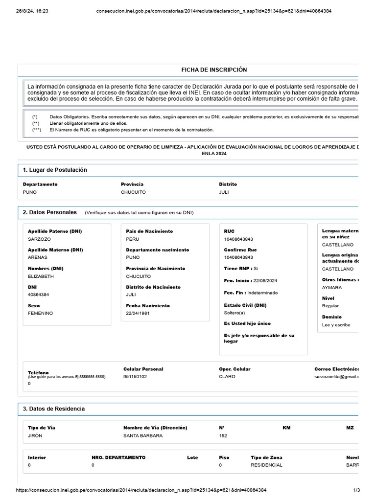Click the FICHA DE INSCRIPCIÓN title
[x=214, y=70]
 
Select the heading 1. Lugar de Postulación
[x=55, y=170]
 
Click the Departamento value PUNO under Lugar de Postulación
[x=30, y=192]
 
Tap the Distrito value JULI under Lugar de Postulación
[x=224, y=192]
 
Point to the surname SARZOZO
[x=40, y=239]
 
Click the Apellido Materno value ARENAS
[x=37, y=258]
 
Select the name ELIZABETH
[x=41, y=276]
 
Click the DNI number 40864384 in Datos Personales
[x=39, y=295]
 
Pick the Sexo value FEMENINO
[x=40, y=313]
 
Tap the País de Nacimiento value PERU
[x=133, y=239]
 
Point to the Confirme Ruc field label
[x=240, y=250]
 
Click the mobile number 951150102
[x=135, y=377]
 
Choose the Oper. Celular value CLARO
[x=227, y=377]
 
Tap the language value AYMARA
[x=332, y=288]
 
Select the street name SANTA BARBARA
[x=143, y=436]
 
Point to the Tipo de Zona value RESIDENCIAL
[x=266, y=465]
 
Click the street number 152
[x=223, y=436]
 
